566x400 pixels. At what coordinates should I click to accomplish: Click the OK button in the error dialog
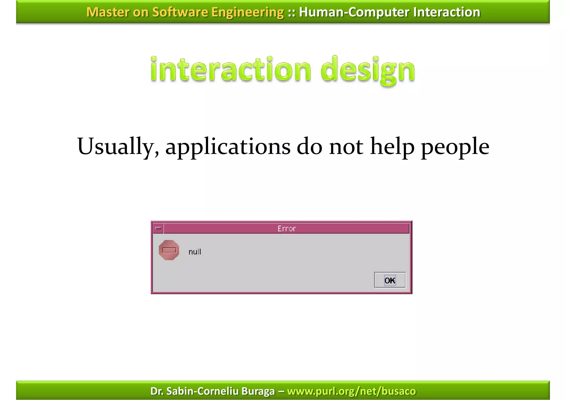[390, 280]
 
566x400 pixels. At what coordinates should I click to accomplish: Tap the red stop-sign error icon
[169, 250]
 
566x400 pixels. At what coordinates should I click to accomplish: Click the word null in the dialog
[195, 252]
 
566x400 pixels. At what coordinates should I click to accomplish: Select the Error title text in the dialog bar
[287, 229]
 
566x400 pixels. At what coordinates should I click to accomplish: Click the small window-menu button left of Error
[158, 228]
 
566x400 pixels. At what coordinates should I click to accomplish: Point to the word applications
[228, 147]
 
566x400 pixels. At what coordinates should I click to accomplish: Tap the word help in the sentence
[392, 147]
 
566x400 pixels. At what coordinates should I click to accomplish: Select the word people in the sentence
[455, 147]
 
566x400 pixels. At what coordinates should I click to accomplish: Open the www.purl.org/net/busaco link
[351, 391]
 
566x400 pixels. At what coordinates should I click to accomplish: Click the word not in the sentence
[346, 147]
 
